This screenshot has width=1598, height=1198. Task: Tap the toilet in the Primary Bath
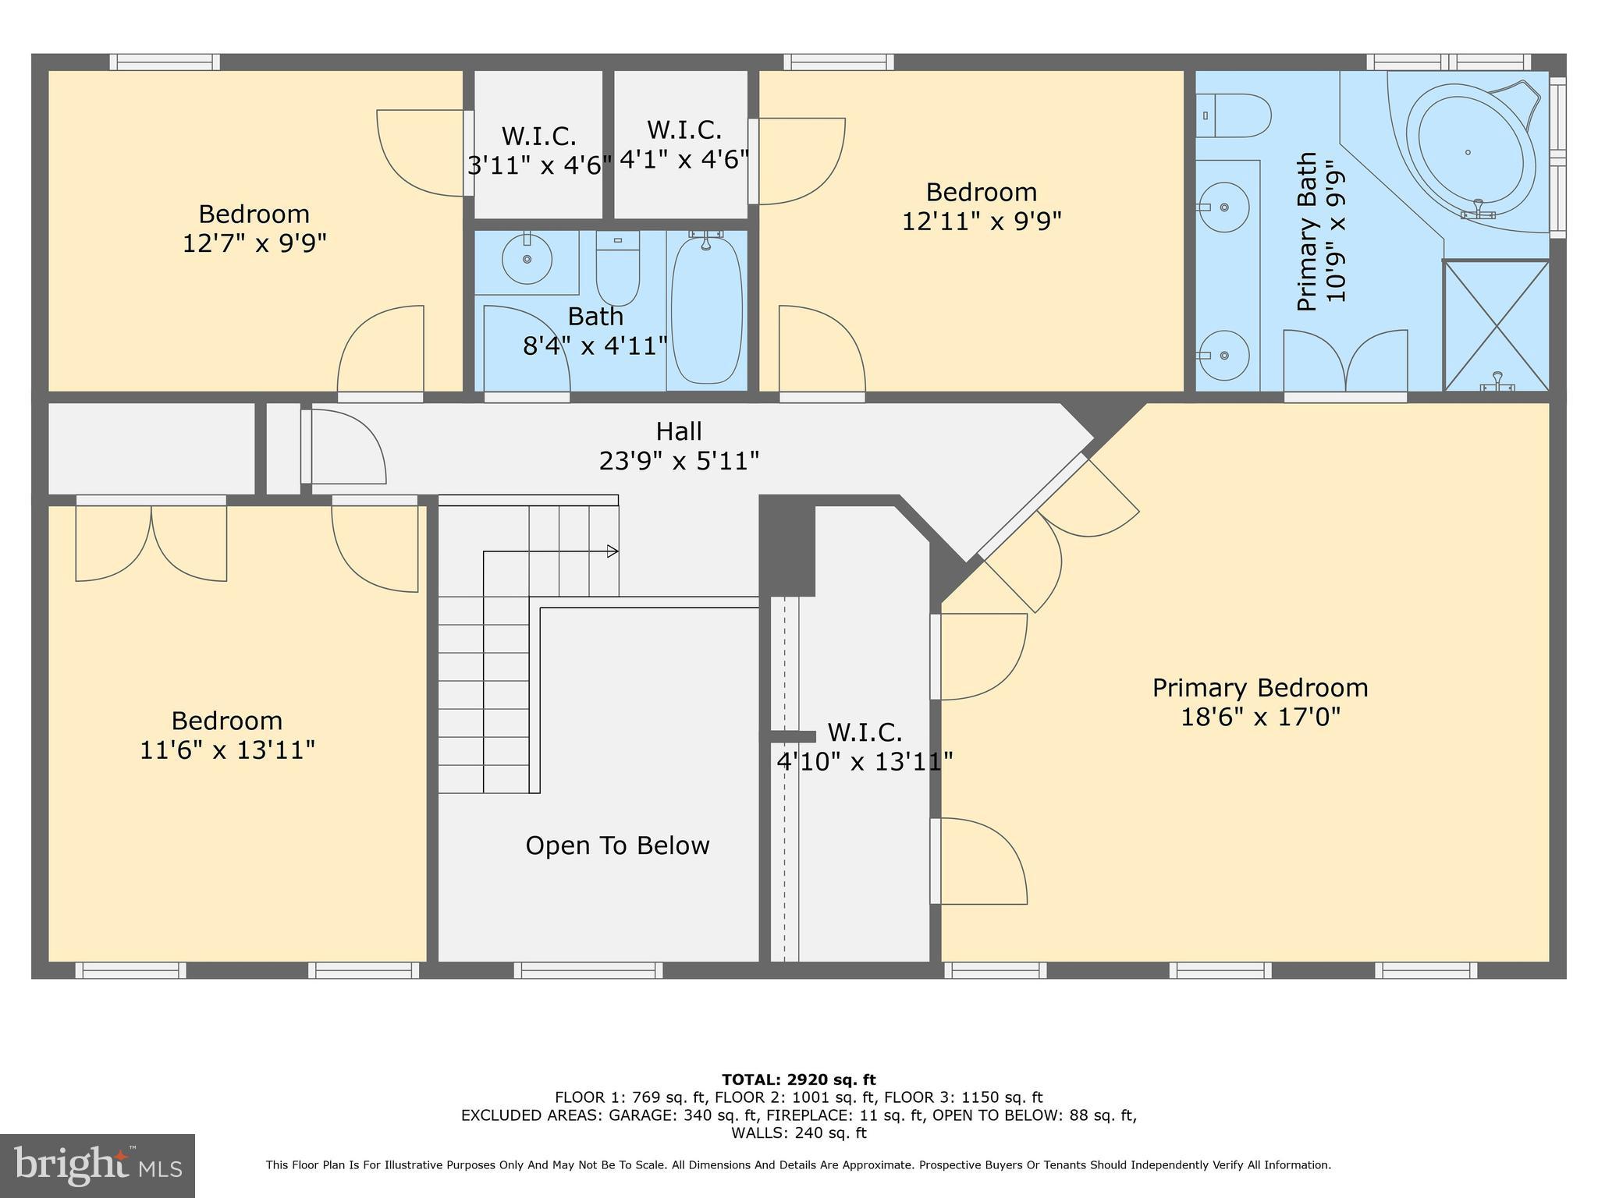pyautogui.click(x=1233, y=115)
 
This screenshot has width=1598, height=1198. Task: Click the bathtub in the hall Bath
pyautogui.click(x=706, y=310)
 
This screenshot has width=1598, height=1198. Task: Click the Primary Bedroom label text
pyautogui.click(x=1259, y=688)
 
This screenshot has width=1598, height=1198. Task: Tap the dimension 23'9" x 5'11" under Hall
pyautogui.click(x=679, y=461)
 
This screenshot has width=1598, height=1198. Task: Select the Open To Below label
pyautogui.click(x=617, y=845)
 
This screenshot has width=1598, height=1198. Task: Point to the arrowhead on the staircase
pyautogui.click(x=613, y=551)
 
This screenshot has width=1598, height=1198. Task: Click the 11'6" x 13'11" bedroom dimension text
pyautogui.click(x=227, y=750)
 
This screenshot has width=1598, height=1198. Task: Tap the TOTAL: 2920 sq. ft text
pyautogui.click(x=798, y=1079)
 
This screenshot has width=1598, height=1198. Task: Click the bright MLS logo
pyautogui.click(x=97, y=1165)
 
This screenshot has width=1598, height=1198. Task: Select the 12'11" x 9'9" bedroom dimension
pyautogui.click(x=982, y=222)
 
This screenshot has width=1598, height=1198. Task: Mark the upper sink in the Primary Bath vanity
pyautogui.click(x=1223, y=207)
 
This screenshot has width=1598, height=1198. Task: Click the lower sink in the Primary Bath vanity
pyautogui.click(x=1223, y=355)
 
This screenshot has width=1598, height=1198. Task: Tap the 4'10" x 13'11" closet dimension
pyautogui.click(x=865, y=761)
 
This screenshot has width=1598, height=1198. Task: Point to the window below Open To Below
pyautogui.click(x=588, y=970)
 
